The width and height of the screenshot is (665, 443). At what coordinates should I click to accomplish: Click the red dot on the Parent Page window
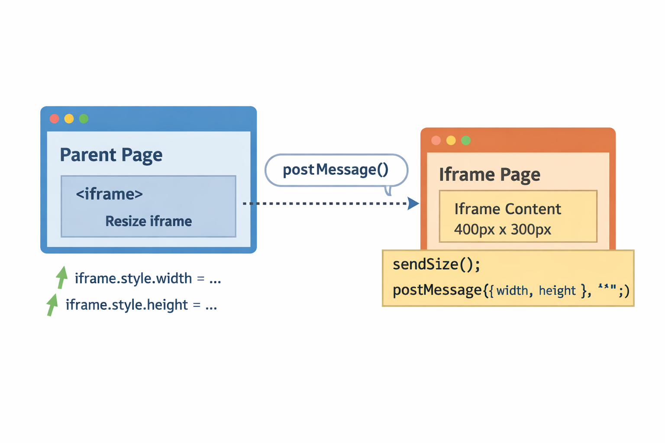(54, 119)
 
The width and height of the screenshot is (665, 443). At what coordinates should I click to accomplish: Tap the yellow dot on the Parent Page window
(69, 119)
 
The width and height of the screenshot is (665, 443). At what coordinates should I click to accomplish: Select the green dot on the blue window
(84, 119)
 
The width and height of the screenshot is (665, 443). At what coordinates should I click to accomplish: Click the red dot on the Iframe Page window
(436, 140)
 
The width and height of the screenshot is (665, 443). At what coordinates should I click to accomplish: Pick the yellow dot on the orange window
(451, 140)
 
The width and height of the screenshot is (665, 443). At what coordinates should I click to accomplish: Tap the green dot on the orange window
(466, 140)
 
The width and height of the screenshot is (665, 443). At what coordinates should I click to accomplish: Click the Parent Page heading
(111, 155)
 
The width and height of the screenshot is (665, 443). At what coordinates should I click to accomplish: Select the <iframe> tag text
(109, 194)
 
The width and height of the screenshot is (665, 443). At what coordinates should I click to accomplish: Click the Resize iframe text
(148, 221)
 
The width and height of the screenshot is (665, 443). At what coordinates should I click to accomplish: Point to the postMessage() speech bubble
(336, 170)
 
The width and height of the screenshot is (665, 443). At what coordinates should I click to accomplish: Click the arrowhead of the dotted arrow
(413, 203)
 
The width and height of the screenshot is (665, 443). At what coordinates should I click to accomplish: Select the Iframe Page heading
(489, 175)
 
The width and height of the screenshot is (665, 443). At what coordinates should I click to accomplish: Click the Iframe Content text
(507, 209)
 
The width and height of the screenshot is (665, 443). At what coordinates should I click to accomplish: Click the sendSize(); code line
(436, 264)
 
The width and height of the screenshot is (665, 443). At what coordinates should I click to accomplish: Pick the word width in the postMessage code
(512, 290)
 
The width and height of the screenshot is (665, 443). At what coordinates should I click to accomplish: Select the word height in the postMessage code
(557, 290)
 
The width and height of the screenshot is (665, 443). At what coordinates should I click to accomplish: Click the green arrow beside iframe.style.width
(62, 277)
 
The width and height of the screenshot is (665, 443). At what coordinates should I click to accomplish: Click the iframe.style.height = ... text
(141, 305)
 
